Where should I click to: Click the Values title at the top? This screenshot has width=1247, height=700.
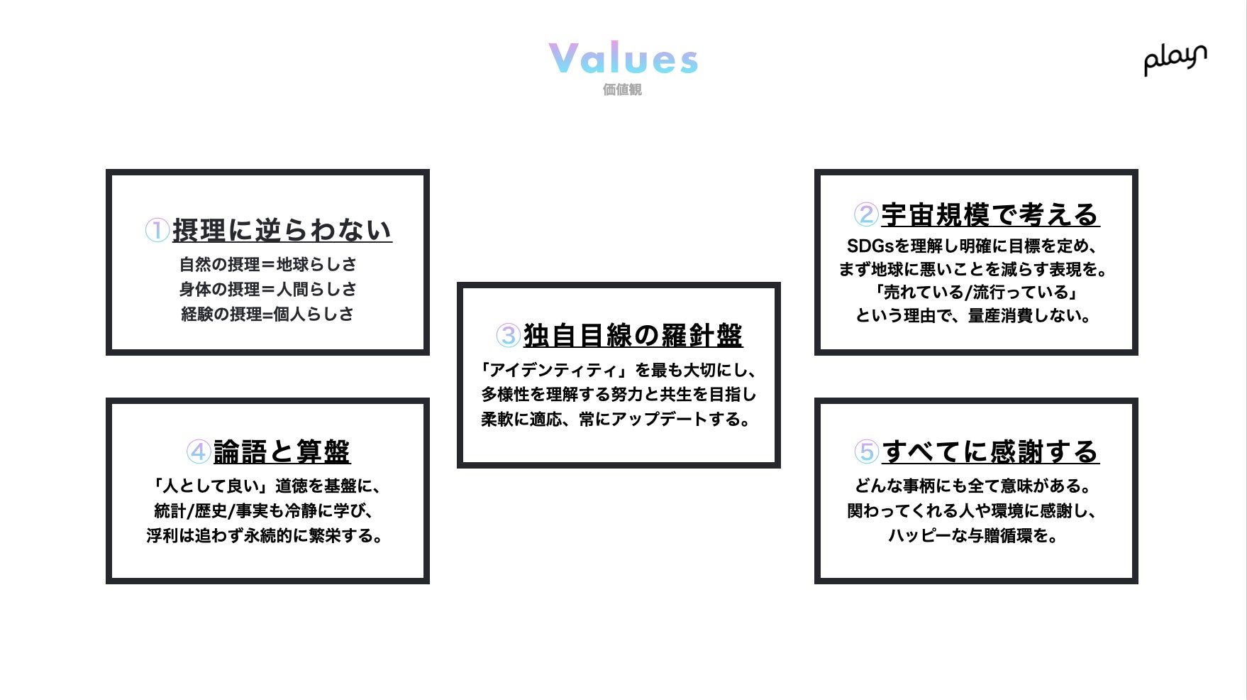coord(623,58)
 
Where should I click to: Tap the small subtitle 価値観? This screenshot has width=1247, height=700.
coord(622,89)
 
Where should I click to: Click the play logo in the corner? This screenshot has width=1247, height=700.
coord(1175,58)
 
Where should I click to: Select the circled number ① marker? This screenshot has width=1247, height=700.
coord(157,230)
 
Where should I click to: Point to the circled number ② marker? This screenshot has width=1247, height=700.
coord(866,214)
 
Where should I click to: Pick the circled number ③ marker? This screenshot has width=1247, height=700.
coord(508,335)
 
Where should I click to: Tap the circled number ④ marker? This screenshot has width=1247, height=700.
coord(199,452)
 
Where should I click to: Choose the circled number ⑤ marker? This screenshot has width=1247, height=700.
coord(866,452)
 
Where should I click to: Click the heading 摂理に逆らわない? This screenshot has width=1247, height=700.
coord(282,230)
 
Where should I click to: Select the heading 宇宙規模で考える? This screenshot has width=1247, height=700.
coord(990,214)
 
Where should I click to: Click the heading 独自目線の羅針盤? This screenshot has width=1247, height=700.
coord(633,335)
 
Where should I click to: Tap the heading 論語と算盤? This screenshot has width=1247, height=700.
coord(282,452)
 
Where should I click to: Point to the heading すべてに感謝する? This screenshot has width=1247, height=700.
coord(990,452)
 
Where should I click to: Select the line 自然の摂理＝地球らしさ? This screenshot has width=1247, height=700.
coord(267,264)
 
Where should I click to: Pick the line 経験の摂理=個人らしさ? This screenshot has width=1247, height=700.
coord(267,314)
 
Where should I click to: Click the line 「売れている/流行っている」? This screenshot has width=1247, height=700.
coord(976,292)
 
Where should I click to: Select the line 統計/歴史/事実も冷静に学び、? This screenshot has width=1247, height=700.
coord(265,510)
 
